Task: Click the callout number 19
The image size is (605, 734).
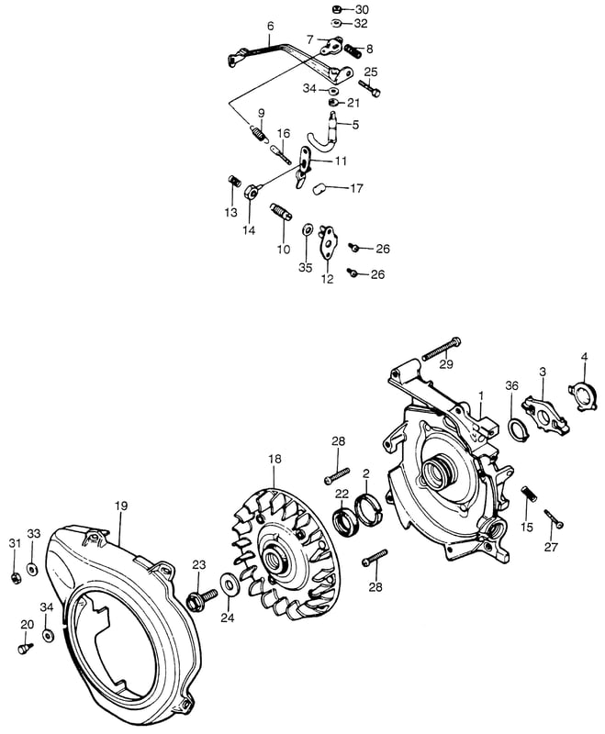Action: [120, 506]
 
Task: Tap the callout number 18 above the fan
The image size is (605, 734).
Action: [274, 459]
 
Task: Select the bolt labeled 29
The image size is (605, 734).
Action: [442, 348]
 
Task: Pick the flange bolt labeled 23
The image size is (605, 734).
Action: [201, 598]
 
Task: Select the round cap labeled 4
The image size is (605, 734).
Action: [583, 397]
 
